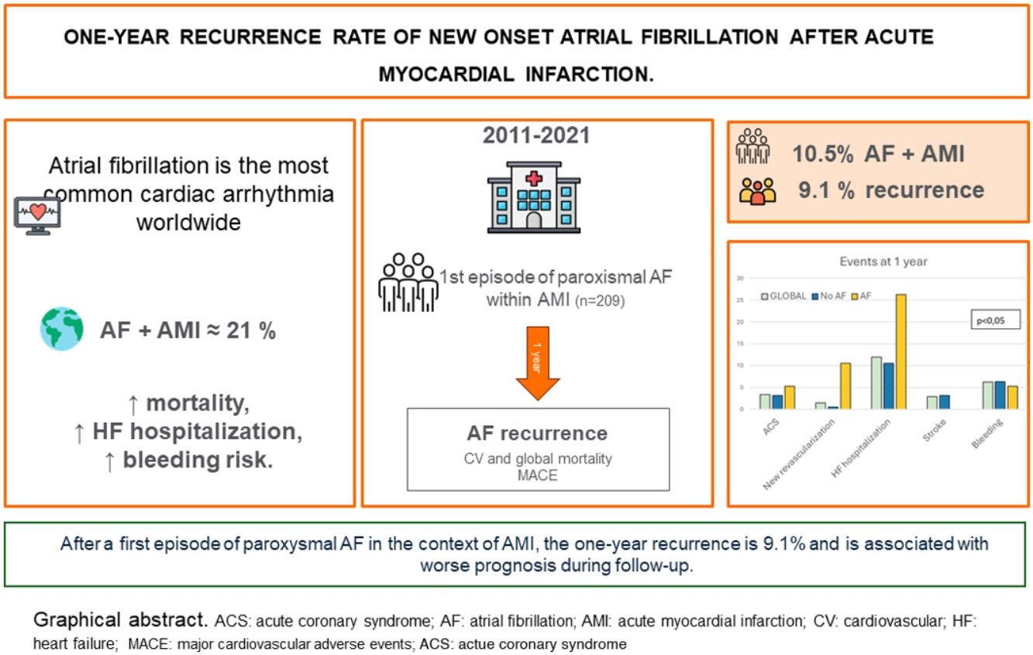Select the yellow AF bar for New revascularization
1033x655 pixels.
pyautogui.click(x=845, y=386)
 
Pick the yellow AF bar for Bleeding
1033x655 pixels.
pyautogui.click(x=1013, y=397)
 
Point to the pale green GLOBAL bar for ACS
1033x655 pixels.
pyautogui.click(x=765, y=401)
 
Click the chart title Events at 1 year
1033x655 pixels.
pyautogui.click(x=883, y=262)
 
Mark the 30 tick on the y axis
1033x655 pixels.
pyautogui.click(x=739, y=278)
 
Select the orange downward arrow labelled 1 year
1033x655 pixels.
pyautogui.click(x=538, y=362)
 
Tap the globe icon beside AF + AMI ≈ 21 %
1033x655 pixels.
pyautogui.click(x=62, y=329)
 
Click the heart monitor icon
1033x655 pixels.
pyautogui.click(x=37, y=214)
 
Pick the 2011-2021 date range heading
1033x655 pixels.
pyautogui.click(x=536, y=135)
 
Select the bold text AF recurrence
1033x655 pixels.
pyautogui.click(x=537, y=432)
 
